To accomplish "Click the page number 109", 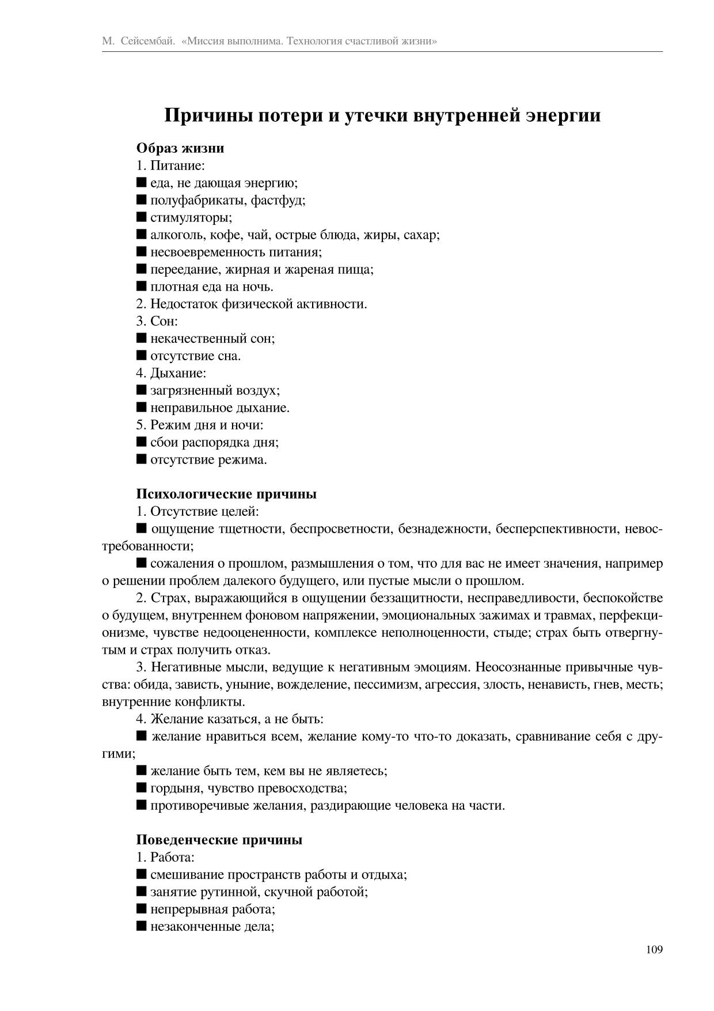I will point(654,949).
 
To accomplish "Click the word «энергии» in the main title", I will point(563,115).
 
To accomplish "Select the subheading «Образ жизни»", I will point(180,148).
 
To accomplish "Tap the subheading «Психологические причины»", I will point(226,494).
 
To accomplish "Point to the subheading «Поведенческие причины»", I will point(219,840).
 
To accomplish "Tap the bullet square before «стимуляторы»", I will point(142,217).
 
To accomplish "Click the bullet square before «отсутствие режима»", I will point(142,459).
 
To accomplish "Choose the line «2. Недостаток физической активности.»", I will point(252,304).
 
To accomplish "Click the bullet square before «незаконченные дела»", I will point(142,926).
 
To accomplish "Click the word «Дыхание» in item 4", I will point(177,373).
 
